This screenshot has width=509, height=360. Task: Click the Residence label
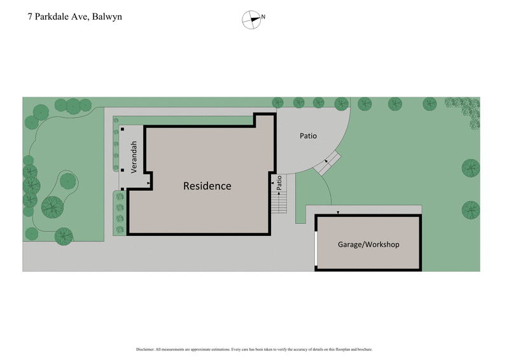[207, 186]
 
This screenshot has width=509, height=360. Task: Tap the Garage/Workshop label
[368, 244]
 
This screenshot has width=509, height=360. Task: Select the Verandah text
[135, 157]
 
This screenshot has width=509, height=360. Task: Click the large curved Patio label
[308, 136]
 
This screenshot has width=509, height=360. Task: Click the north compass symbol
[252, 19]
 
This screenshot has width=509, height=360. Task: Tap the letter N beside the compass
[263, 17]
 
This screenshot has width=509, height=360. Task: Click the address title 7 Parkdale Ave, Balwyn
[74, 17]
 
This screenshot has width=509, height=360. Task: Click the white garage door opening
[316, 248]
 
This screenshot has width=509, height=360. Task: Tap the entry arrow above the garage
[338, 212]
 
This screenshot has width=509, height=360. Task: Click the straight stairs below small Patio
[279, 203]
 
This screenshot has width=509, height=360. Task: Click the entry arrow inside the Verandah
[149, 184]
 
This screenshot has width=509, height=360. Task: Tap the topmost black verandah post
[122, 130]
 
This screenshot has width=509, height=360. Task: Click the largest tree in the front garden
[52, 205]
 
